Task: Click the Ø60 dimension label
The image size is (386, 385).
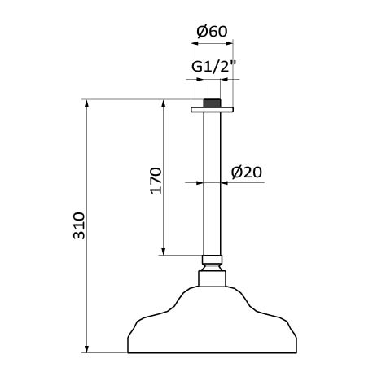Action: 212,32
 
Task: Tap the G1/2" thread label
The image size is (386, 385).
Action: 214,67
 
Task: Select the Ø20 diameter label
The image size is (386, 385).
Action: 247,173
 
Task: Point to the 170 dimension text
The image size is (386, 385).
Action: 156,181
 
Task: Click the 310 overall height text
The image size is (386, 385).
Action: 79,225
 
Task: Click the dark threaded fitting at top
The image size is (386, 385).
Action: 212,103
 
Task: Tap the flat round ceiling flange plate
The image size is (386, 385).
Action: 212,110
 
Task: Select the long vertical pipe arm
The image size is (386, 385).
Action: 212,183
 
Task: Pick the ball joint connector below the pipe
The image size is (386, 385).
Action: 213,263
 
